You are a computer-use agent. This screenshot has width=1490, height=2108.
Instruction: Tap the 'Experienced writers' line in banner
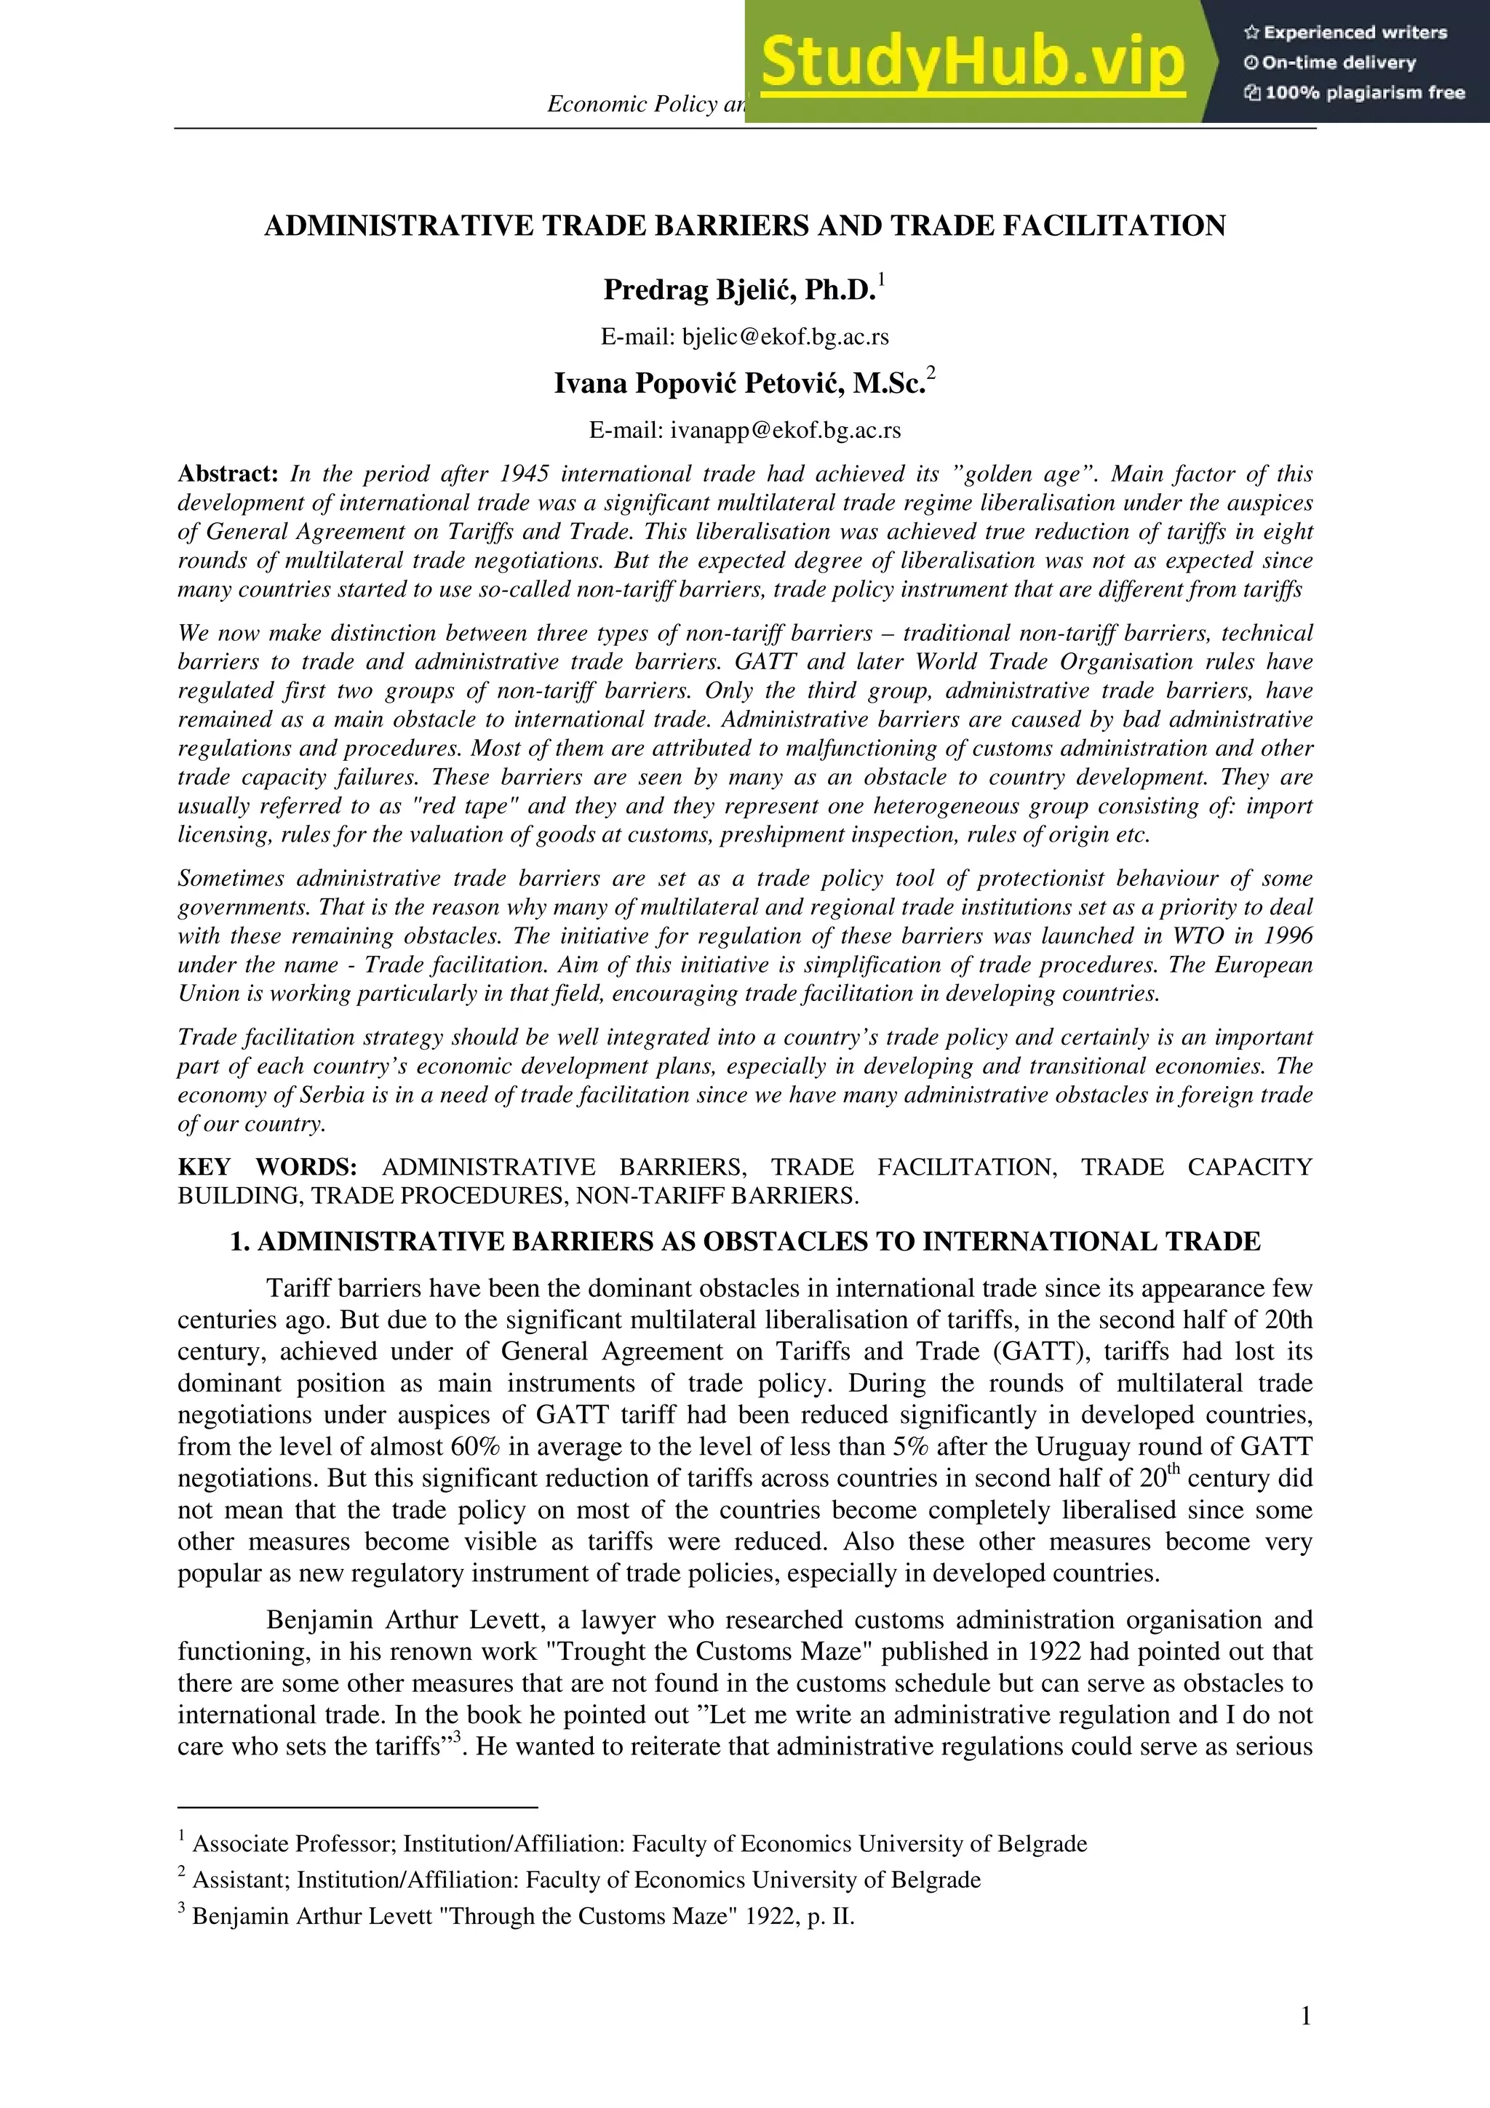coord(1346,33)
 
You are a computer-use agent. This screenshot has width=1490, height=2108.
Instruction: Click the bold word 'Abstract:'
coord(228,474)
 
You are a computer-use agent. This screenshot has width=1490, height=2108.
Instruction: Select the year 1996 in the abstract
coord(1286,935)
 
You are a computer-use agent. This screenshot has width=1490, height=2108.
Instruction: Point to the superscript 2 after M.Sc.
coord(931,372)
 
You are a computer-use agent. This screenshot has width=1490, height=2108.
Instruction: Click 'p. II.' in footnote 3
coord(831,1916)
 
